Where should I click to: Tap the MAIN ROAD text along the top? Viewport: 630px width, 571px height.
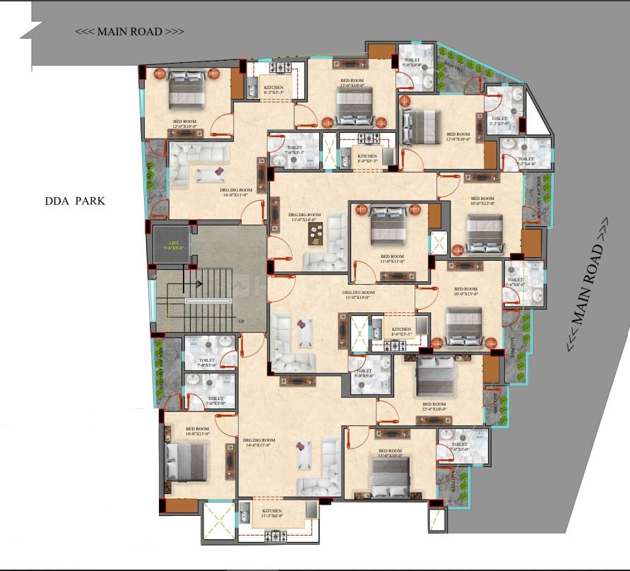(131, 32)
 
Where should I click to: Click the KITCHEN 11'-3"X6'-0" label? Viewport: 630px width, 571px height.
(271, 513)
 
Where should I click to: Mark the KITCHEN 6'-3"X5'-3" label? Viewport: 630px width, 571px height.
(273, 89)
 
